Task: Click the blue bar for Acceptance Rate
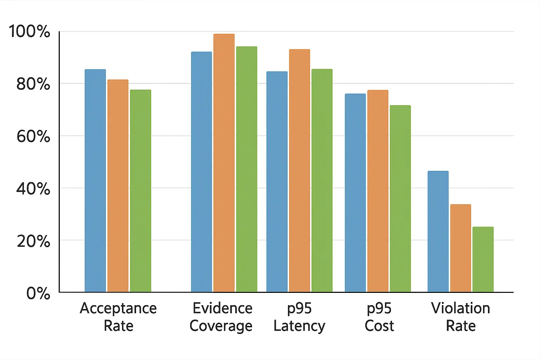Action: click(95, 181)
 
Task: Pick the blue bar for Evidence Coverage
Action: click(201, 172)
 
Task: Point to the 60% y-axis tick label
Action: click(33, 136)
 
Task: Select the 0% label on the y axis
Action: click(38, 293)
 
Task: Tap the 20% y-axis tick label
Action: click(33, 241)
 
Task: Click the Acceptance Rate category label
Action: click(118, 317)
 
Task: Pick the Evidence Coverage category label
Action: click(221, 317)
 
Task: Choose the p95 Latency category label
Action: click(300, 317)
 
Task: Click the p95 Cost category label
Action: click(379, 317)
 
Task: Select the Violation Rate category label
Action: click(461, 317)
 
